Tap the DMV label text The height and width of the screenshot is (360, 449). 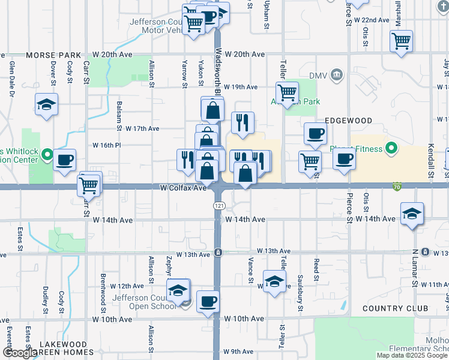(317, 76)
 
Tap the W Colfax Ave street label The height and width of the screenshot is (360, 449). (183, 188)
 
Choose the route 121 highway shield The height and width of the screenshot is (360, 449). (219, 205)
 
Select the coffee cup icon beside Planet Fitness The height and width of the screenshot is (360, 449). (345, 159)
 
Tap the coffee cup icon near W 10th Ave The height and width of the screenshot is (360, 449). (208, 301)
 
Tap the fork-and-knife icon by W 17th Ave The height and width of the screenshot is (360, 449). (243, 122)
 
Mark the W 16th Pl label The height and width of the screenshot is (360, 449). (106, 145)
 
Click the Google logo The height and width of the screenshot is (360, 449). (19, 353)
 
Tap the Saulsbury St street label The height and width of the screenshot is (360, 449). (300, 295)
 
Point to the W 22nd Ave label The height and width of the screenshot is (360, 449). (372, 20)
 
